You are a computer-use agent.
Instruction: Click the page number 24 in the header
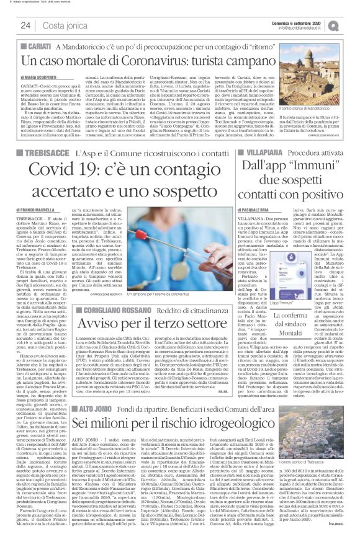[25, 25]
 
